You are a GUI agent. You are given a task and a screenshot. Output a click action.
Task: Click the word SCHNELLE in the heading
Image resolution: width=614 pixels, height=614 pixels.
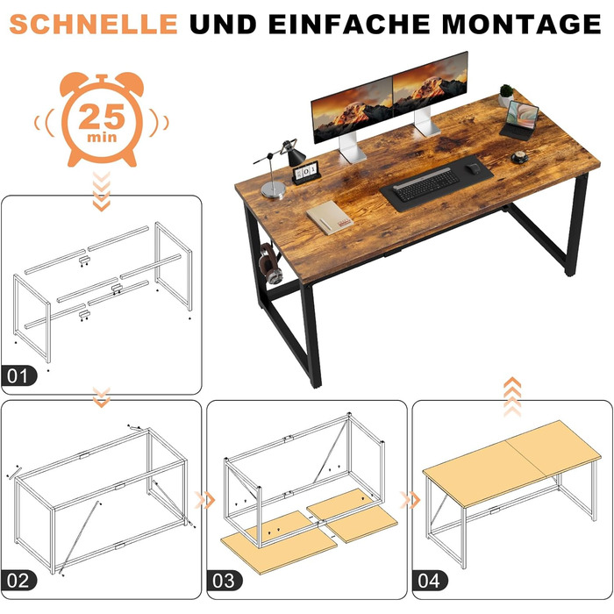tap(94, 24)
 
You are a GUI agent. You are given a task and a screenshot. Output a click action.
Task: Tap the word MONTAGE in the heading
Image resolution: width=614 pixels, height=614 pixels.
tap(522, 24)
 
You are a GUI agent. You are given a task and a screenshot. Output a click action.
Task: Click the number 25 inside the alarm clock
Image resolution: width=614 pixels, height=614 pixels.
tap(102, 117)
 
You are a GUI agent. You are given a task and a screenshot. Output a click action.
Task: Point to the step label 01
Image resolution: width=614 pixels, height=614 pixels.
tap(18, 376)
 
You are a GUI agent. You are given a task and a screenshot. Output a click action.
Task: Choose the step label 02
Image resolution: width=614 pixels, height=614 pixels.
tap(18, 581)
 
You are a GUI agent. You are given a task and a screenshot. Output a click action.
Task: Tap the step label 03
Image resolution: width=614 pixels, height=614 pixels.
tap(224, 581)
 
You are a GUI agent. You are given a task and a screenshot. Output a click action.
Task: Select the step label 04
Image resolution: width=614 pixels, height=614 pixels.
tap(430, 581)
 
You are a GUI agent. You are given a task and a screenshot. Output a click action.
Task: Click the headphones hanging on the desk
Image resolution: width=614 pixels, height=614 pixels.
tap(270, 263)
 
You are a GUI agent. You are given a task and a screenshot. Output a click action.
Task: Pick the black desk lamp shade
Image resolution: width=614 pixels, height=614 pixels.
tap(296, 157)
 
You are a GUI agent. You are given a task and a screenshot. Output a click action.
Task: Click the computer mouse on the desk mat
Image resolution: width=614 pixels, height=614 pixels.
tap(474, 168)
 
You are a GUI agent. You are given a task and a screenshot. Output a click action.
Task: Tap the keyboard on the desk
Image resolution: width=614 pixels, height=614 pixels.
tap(426, 184)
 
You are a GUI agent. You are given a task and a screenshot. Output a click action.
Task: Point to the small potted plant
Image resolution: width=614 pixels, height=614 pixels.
tap(506, 95)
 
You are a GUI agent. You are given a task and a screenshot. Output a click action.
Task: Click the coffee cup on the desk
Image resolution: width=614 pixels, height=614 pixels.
tap(520, 157)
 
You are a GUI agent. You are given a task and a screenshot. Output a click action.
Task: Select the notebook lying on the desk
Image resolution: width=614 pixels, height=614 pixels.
tap(329, 218)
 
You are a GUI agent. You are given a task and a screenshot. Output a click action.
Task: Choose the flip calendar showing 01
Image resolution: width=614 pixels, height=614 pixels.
tap(306, 173)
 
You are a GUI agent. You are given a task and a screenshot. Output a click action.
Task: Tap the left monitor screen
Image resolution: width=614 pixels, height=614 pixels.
tap(352, 110)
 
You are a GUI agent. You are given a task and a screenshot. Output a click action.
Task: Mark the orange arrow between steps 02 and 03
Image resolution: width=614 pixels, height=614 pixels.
tap(204, 500)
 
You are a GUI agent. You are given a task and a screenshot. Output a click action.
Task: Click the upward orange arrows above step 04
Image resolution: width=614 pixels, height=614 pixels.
tap(512, 396)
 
